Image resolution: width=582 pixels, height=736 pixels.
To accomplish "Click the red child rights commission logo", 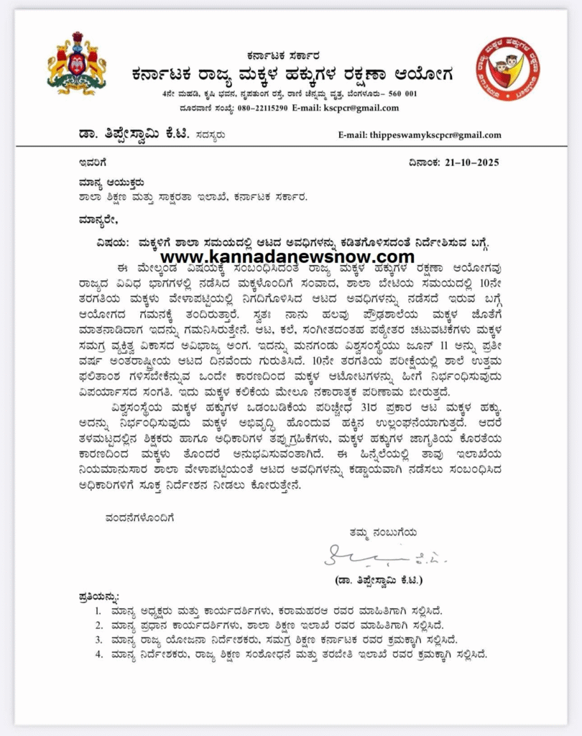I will [x=507, y=70].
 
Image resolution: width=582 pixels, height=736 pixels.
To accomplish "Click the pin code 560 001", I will [x=401, y=94].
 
